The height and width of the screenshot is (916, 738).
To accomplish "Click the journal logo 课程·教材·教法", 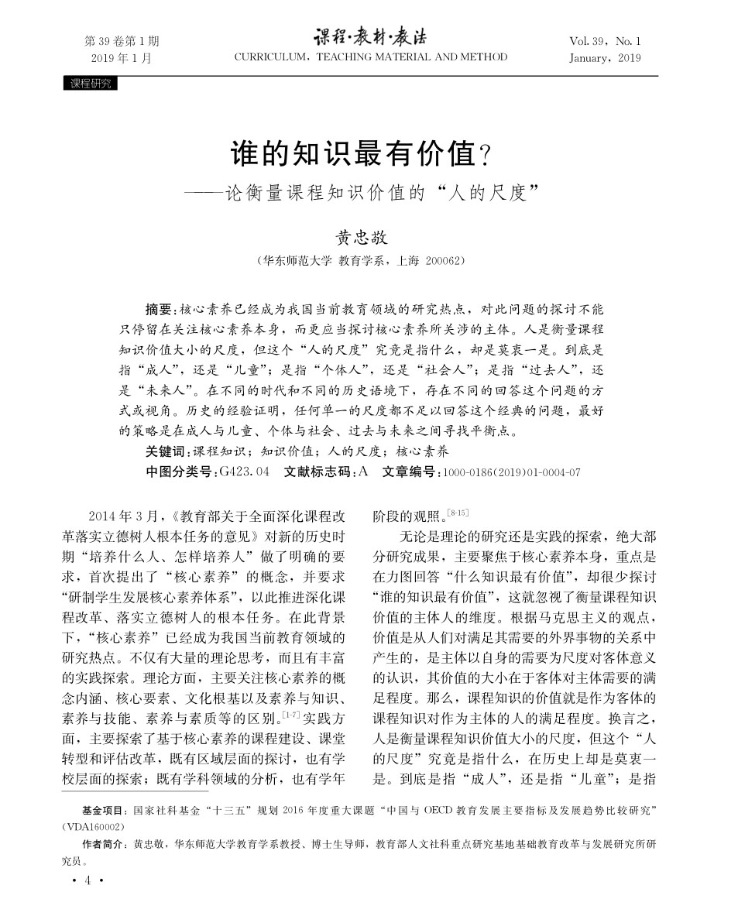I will point(369,37).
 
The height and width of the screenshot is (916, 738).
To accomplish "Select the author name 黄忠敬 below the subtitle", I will point(362,237).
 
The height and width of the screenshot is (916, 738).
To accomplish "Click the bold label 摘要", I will point(161,307).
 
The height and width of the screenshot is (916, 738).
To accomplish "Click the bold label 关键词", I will point(166,451).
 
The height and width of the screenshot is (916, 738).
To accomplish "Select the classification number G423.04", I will point(244,472).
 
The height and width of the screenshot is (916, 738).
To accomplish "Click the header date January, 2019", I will point(605,58).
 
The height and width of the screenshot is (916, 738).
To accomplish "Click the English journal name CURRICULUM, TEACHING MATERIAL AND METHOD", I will point(371,57).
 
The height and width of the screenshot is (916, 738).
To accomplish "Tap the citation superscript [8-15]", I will point(458,512).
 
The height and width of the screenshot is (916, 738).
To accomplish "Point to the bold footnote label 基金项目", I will point(104,811).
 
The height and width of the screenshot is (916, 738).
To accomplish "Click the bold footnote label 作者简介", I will point(104,844).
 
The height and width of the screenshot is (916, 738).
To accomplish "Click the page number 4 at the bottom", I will point(88,880).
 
